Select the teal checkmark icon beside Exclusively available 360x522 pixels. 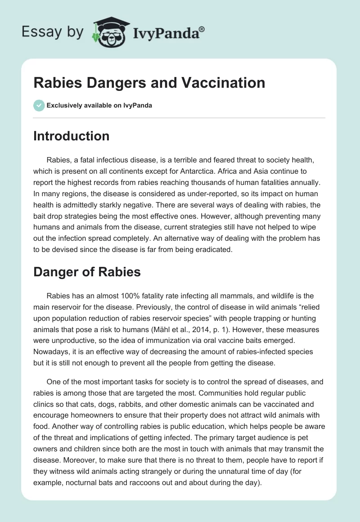coord(39,105)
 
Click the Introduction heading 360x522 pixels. coord(71,136)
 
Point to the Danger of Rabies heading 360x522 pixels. coord(87,272)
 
